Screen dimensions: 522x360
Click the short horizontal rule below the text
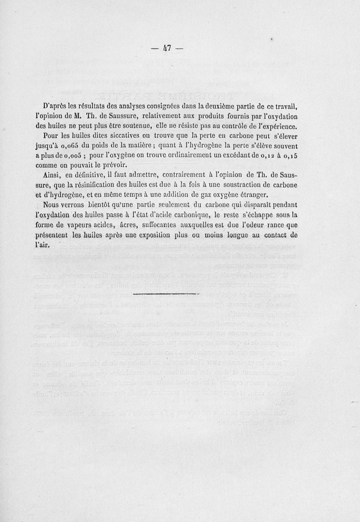[x=167, y=294]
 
